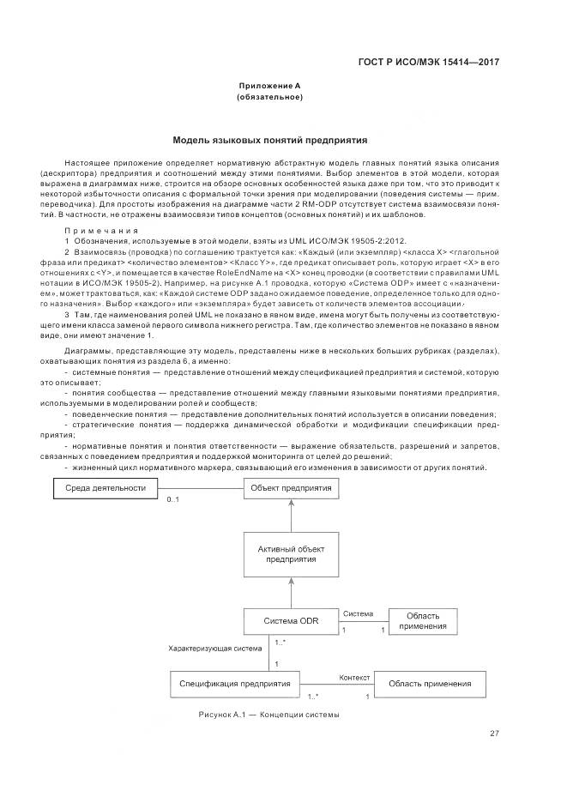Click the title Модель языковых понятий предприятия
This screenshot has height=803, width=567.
click(x=269, y=138)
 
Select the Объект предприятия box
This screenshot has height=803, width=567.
click(x=292, y=487)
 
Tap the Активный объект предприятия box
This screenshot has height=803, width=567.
click(x=292, y=553)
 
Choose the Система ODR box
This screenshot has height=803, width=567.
click(x=292, y=620)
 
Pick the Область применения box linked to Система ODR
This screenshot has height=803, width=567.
click(x=422, y=621)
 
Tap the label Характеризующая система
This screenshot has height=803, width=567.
click(x=215, y=649)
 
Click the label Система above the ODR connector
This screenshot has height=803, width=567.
click(x=358, y=613)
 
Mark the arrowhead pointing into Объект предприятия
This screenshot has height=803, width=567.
click(x=292, y=504)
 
